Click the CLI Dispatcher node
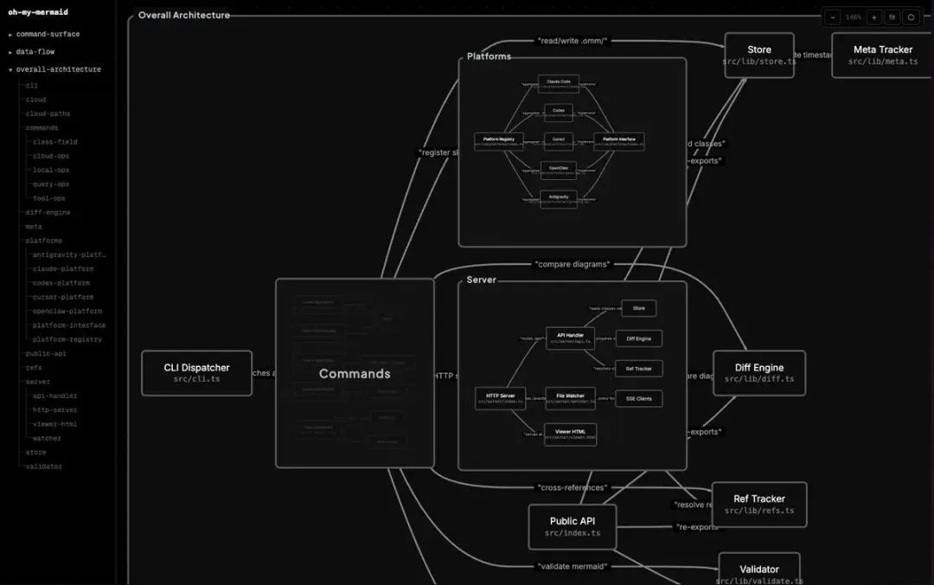point(196,373)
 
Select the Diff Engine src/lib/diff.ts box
point(759,373)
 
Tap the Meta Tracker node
point(882,55)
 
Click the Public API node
point(572,527)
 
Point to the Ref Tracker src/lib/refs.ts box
point(759,505)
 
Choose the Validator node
point(759,572)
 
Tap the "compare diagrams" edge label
point(573,264)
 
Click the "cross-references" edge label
point(572,488)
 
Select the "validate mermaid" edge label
point(572,566)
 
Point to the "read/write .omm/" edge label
point(573,41)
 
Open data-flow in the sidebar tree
point(35,52)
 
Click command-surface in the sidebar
point(48,35)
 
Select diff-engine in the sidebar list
point(48,212)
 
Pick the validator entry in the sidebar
point(43,466)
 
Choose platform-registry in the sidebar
point(67,339)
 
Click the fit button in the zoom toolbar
point(892,17)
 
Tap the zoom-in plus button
point(873,17)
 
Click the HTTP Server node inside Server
point(500,398)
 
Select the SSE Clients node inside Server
point(639,398)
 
